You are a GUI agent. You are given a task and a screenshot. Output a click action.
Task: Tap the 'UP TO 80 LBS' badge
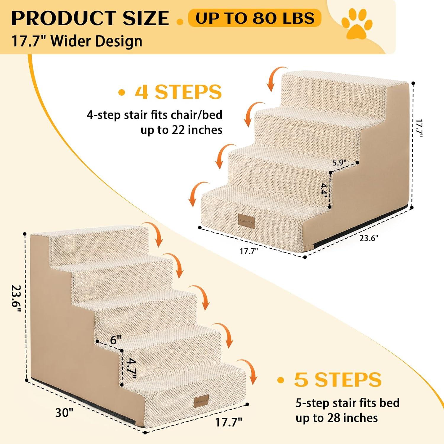point(255,18)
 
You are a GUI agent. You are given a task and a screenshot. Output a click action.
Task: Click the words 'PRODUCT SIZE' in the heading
point(90,18)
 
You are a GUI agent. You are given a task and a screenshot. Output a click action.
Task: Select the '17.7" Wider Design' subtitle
point(77,41)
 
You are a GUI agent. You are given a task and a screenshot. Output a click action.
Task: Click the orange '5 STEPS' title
point(337,379)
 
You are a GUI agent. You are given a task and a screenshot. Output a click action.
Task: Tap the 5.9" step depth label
point(340,163)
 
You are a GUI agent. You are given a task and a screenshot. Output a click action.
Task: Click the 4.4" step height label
point(324,189)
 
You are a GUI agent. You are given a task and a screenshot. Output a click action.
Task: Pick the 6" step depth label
point(116,340)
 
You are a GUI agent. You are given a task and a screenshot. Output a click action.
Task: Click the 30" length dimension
point(64,412)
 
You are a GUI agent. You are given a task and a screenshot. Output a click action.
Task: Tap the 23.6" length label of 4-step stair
point(369,238)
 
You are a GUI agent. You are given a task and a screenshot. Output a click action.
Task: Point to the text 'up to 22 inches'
point(181,130)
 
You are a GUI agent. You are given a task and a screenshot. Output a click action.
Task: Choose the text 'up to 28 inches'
point(337,418)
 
